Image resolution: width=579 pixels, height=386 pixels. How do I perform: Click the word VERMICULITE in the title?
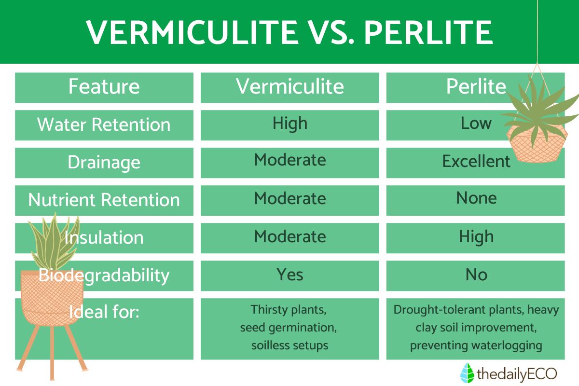[192, 32]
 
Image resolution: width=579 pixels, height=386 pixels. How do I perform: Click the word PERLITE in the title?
[428, 32]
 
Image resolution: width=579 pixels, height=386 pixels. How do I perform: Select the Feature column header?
[104, 87]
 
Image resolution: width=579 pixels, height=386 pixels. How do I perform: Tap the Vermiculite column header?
[290, 87]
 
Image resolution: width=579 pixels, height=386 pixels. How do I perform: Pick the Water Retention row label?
[104, 124]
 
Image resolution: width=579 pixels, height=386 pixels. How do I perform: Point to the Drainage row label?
[104, 163]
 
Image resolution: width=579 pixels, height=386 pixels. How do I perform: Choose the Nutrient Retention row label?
[104, 200]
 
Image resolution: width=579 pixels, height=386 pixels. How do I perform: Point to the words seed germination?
[288, 328]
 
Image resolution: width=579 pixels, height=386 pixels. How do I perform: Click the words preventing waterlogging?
[476, 345]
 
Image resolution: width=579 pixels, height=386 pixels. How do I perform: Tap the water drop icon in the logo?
[467, 373]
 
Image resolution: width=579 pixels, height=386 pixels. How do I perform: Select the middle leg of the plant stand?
[52, 353]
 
